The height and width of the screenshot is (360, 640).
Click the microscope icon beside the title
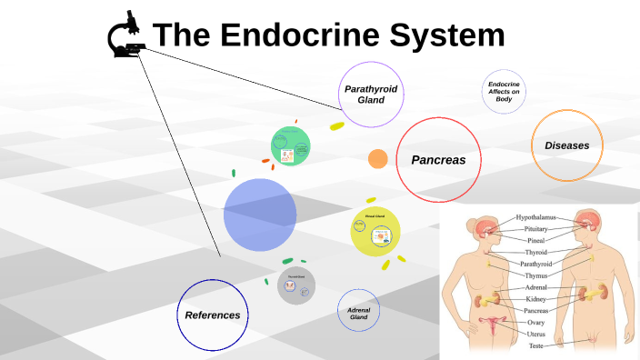click(x=127, y=35)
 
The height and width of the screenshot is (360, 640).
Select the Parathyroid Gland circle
click(x=370, y=95)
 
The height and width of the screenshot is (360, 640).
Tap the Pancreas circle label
click(x=438, y=160)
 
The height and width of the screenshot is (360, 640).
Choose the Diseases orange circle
click(x=567, y=145)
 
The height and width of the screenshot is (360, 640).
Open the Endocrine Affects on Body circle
click(x=504, y=92)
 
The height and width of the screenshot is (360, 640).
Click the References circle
click(x=213, y=315)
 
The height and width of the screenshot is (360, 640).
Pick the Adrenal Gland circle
click(x=358, y=314)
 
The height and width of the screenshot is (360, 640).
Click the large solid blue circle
click(x=260, y=215)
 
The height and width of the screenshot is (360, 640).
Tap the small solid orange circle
click(x=378, y=159)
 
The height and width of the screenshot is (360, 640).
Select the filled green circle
click(x=291, y=146)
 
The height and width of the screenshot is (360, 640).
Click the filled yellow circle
click(x=375, y=232)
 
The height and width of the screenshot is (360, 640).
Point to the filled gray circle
click(x=296, y=285)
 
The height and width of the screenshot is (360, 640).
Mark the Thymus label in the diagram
click(x=536, y=275)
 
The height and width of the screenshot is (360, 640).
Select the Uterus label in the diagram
click(x=536, y=334)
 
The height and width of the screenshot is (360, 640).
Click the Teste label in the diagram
click(x=536, y=345)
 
